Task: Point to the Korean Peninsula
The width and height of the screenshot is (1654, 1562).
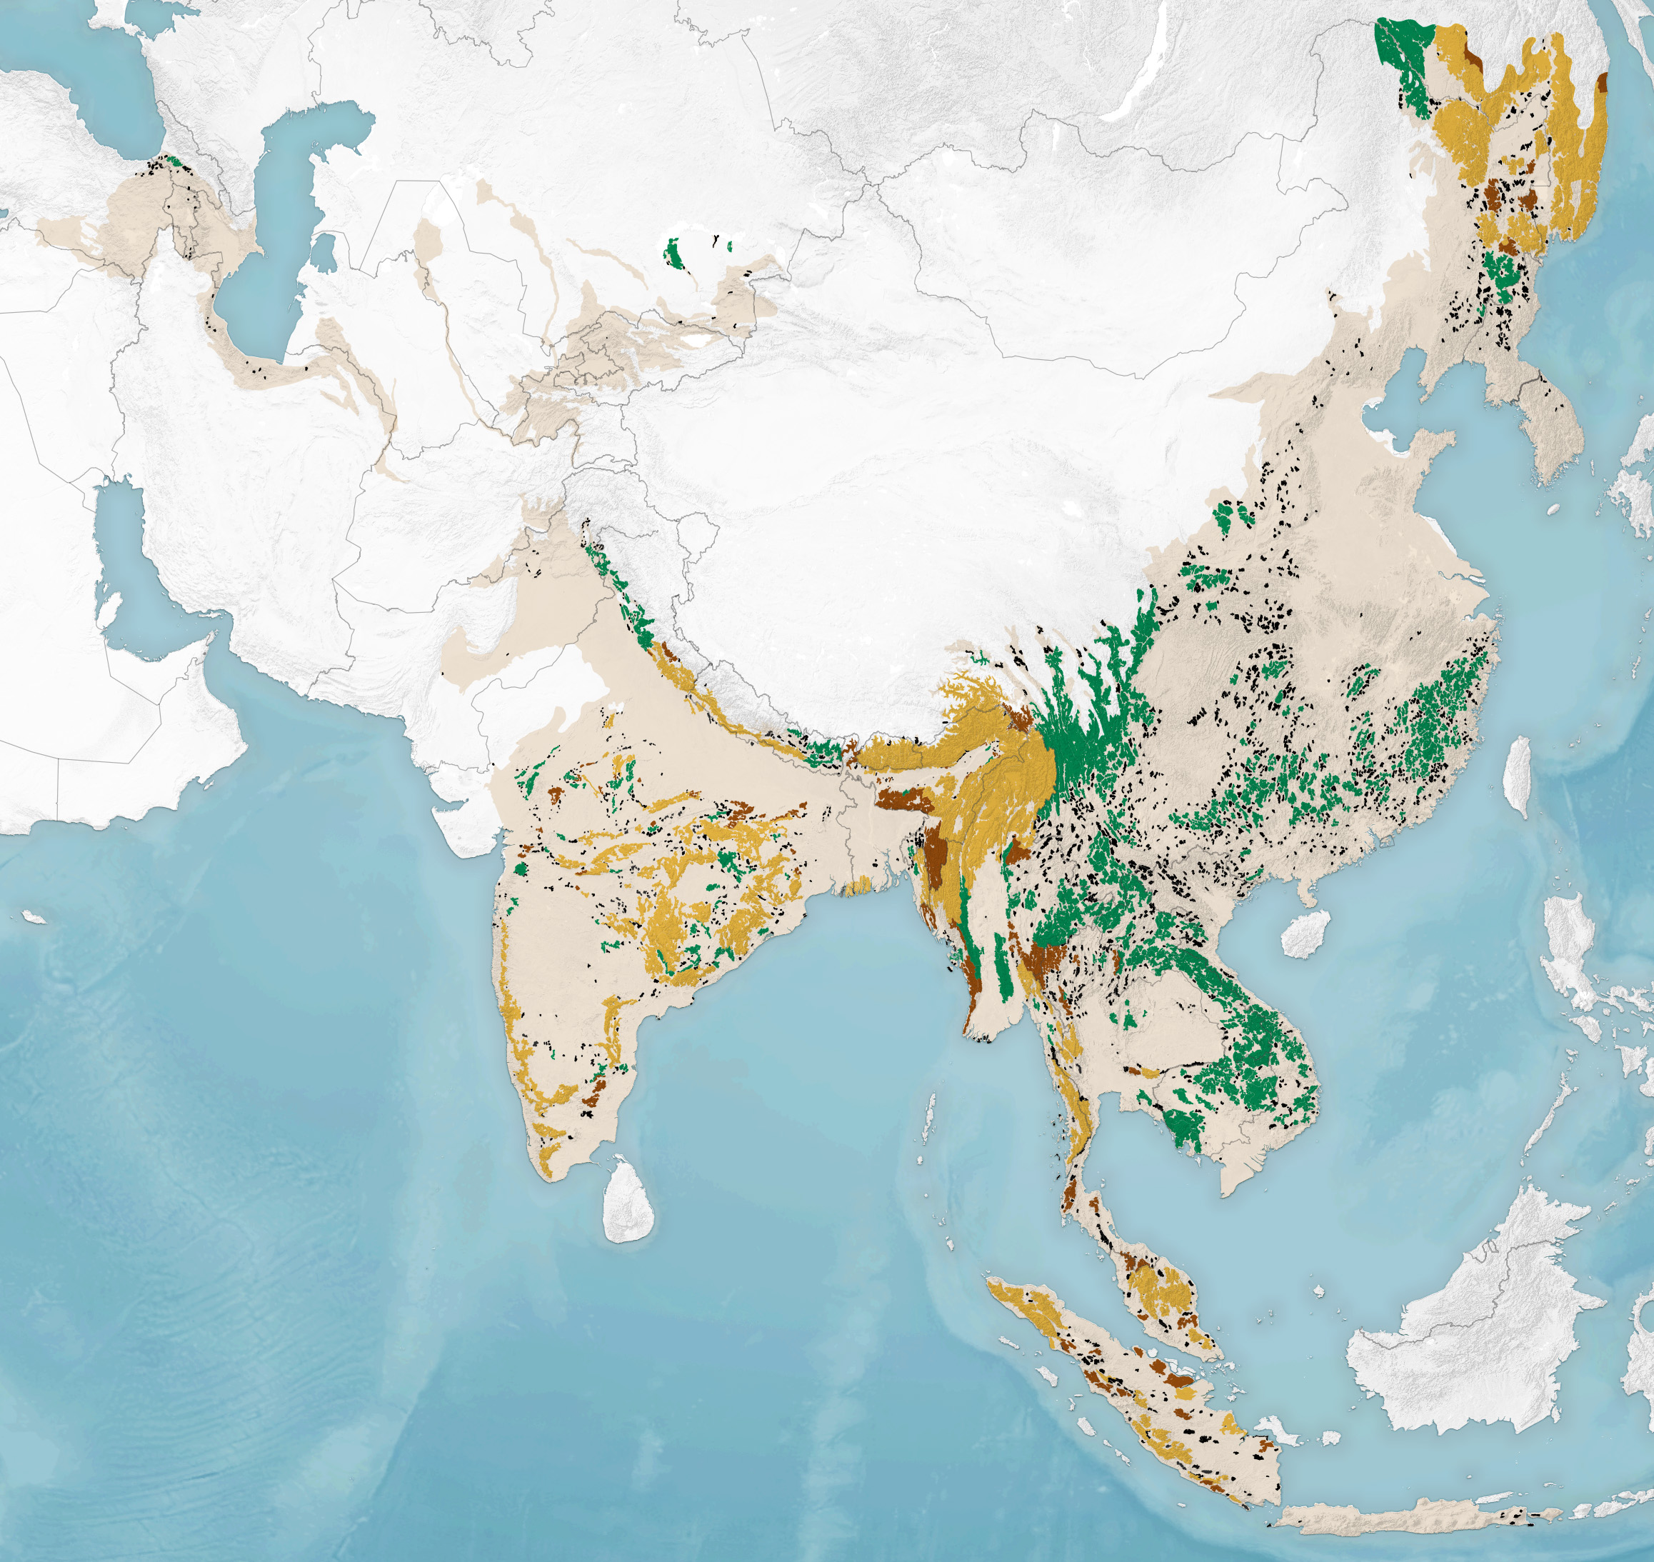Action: point(1548,433)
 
